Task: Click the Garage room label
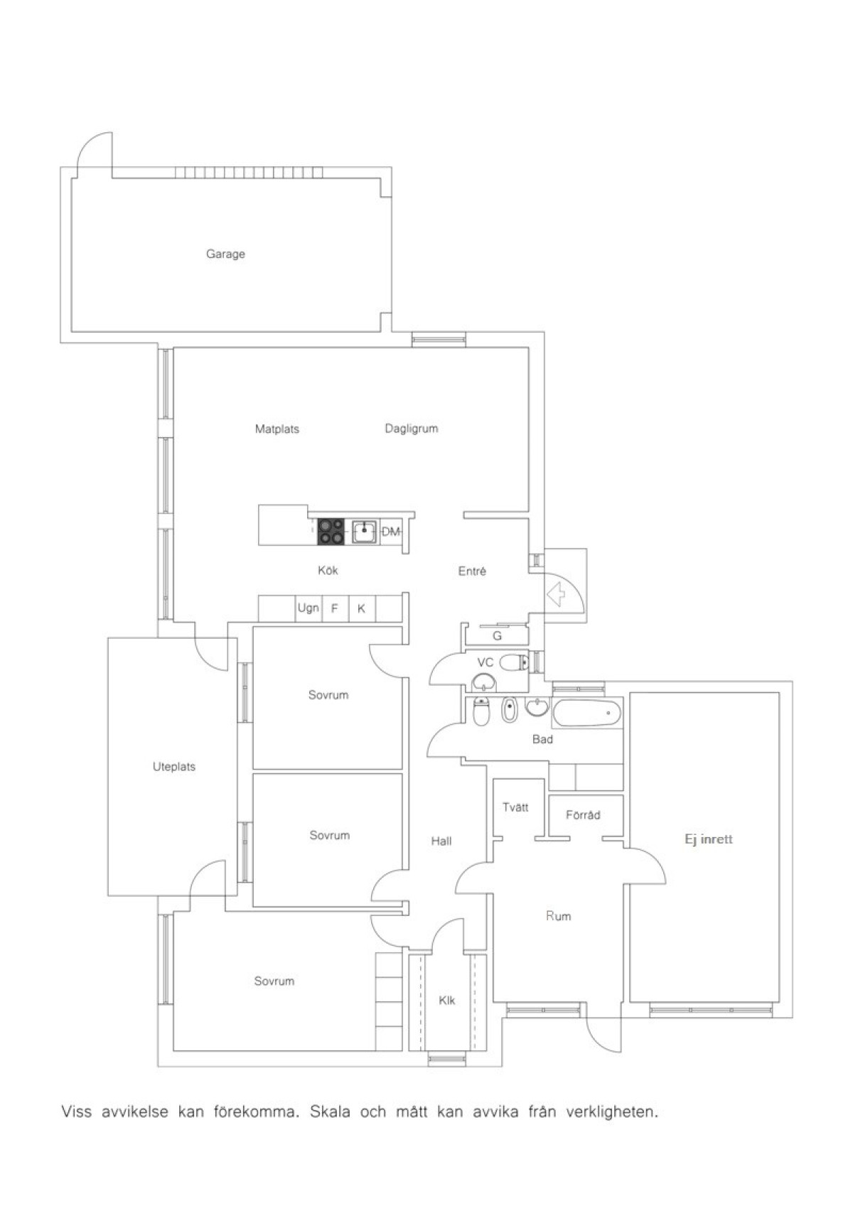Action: coord(225,254)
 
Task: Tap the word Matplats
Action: coord(277,429)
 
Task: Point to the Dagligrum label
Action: coord(412,429)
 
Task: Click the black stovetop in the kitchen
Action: coord(330,532)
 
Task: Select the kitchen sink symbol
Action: coord(365,532)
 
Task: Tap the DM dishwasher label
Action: coord(390,532)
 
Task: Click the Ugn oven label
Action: coord(308,608)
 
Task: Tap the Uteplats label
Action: coord(174,767)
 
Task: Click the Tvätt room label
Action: coord(515,807)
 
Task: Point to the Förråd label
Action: coord(583,814)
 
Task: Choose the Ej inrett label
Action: coord(709,839)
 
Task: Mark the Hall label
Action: coord(441,841)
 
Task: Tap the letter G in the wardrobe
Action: coord(497,636)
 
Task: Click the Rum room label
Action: coord(558,916)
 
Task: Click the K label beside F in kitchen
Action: coord(361,608)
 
